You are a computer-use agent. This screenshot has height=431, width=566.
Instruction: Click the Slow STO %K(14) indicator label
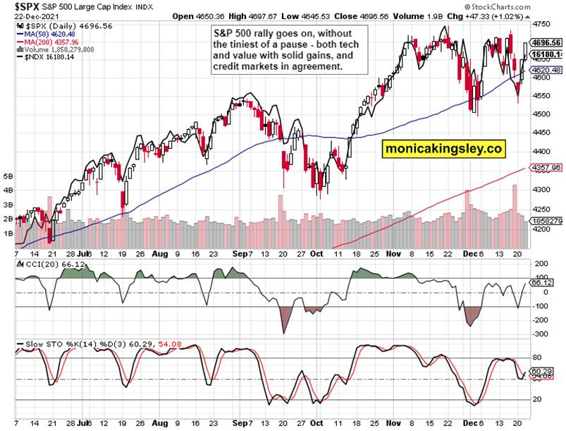tap(49, 345)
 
